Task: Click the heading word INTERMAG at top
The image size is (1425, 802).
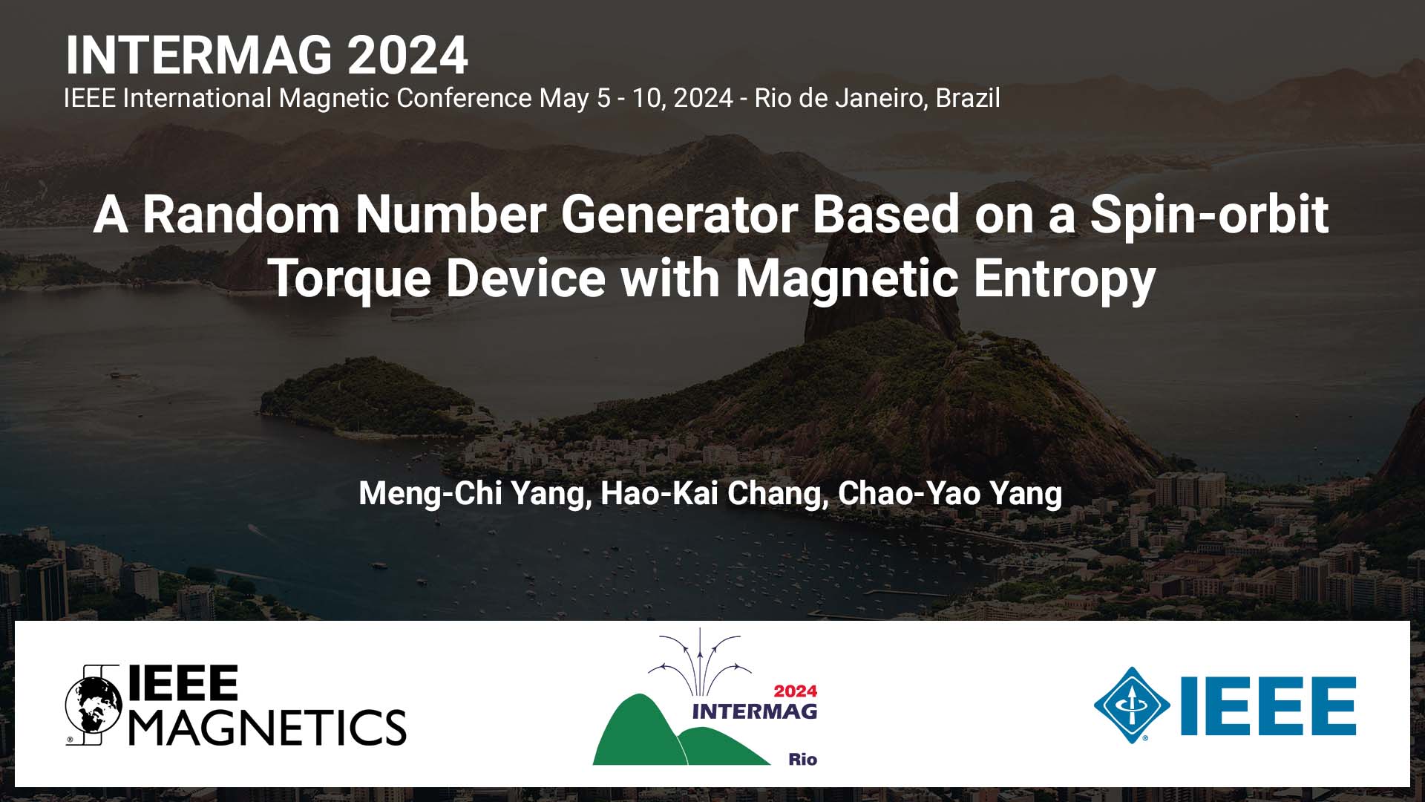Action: (x=199, y=55)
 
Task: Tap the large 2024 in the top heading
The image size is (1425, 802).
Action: (x=407, y=55)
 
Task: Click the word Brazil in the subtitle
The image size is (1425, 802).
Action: (x=968, y=98)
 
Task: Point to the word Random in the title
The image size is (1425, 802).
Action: (x=241, y=214)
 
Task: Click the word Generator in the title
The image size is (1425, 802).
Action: (x=678, y=214)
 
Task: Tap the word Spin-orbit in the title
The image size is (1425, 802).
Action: (x=1209, y=215)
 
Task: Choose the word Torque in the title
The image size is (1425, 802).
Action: (x=350, y=279)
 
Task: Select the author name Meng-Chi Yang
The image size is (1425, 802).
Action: (x=474, y=494)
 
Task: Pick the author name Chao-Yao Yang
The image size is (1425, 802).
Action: (x=950, y=494)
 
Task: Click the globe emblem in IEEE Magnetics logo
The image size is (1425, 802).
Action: (x=94, y=705)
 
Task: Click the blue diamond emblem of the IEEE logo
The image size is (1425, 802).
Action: (x=1131, y=705)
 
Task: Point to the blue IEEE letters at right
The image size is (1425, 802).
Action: (x=1268, y=705)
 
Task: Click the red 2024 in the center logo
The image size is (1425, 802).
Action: (x=795, y=691)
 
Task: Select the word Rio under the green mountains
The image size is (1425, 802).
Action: (x=802, y=759)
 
